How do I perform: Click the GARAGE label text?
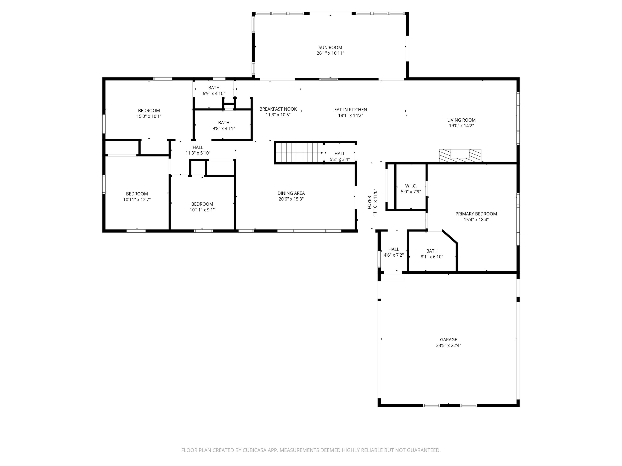448,340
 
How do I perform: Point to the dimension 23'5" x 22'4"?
448,345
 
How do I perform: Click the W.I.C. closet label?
411,186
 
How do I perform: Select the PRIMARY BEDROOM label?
476,214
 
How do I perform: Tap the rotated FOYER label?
369,202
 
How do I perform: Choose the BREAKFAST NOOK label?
278,109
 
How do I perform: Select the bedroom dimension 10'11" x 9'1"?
202,210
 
